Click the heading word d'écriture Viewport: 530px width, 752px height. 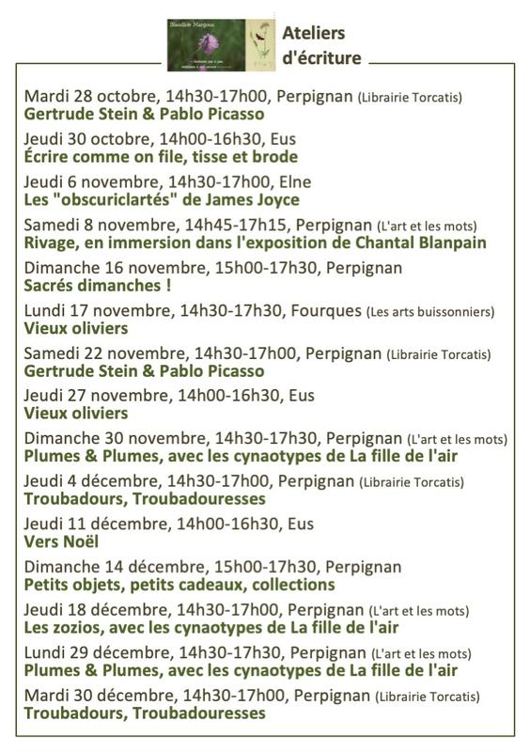click(321, 57)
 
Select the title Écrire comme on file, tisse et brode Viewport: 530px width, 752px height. click(160, 156)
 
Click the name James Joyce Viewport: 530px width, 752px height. click(253, 199)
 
